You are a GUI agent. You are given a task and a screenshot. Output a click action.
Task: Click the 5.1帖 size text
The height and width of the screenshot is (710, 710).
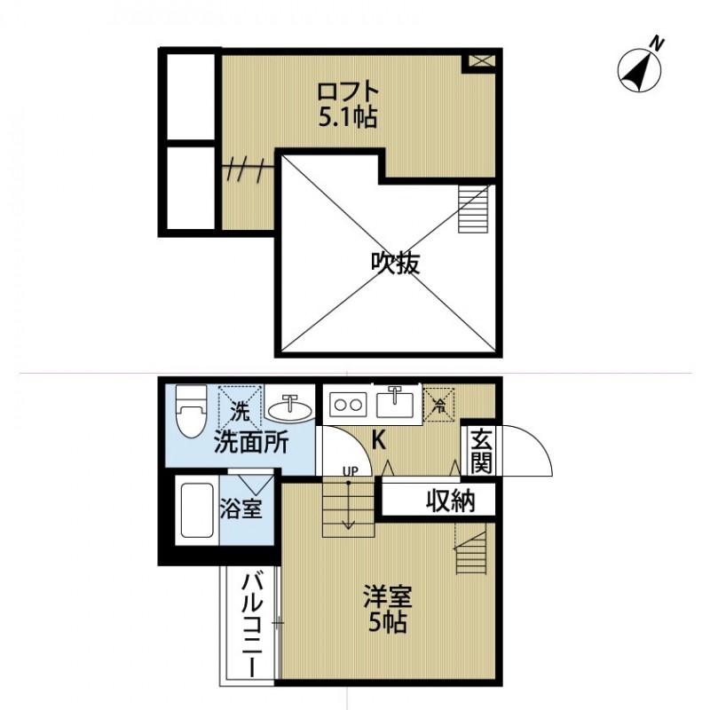pos(348,117)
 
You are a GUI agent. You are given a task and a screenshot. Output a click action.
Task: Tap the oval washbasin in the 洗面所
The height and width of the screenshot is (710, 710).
pos(288,409)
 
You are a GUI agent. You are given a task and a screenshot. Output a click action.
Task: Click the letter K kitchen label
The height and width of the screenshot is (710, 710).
pos(378,439)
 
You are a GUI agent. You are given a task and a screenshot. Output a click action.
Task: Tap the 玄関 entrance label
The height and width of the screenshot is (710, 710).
pos(481,450)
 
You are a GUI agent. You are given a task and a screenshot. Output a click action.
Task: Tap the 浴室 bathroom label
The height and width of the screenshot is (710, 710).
pos(241,512)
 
